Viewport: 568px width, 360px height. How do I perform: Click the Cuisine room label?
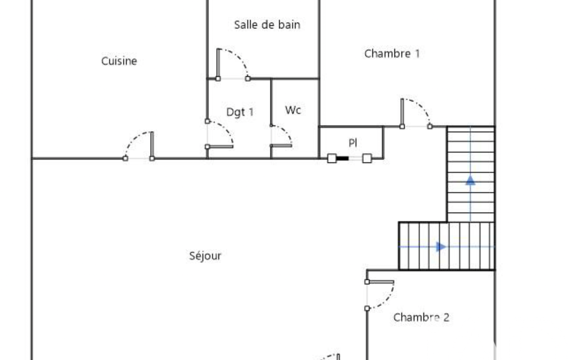tap(119, 61)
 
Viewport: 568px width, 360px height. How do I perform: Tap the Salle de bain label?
tap(267, 24)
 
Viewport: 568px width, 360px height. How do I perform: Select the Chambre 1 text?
tap(392, 54)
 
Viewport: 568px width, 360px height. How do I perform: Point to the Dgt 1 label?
tap(240, 112)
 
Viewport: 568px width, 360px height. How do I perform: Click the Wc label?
tap(293, 110)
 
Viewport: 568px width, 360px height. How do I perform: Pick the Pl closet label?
tap(353, 143)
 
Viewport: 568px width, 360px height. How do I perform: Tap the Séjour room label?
tap(205, 256)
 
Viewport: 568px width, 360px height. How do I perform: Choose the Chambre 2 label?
tap(421, 317)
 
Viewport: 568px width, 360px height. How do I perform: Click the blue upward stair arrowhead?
tap(470, 180)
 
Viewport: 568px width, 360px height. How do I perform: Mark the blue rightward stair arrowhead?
tap(441, 246)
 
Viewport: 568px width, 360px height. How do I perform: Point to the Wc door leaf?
tap(281, 146)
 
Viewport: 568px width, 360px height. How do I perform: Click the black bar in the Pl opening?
tap(342, 158)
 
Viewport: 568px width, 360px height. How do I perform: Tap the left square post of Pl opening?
tap(331, 158)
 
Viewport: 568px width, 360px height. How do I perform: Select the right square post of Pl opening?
tap(367, 158)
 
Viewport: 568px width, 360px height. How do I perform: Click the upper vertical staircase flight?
tap(471, 174)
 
